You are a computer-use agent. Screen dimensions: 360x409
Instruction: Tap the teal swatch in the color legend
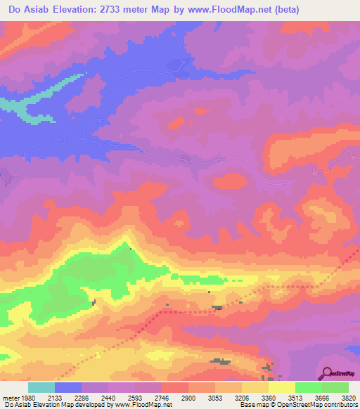click(x=41, y=387)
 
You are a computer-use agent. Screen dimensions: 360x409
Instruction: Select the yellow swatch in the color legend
click(x=281, y=387)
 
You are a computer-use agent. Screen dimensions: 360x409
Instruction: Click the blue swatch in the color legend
click(x=68, y=387)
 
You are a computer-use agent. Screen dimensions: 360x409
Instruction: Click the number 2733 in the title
click(x=138, y=10)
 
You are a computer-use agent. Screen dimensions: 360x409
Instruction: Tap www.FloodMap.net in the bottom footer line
click(x=143, y=405)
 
